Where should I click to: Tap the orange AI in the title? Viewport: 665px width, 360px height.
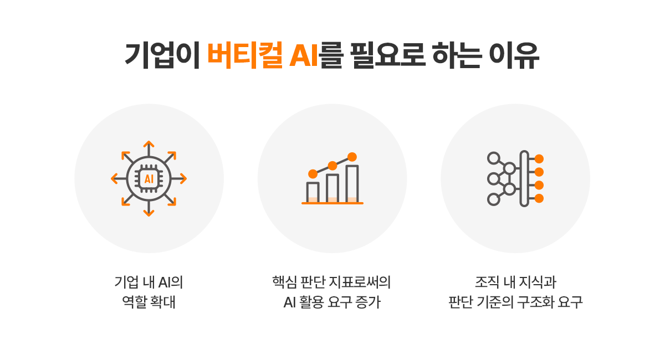point(304,55)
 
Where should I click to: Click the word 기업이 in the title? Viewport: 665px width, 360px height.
point(162,55)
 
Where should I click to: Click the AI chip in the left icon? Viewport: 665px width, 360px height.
point(149,179)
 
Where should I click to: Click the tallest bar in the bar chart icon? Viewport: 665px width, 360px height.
point(352,184)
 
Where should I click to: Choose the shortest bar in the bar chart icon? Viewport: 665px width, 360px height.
point(313,192)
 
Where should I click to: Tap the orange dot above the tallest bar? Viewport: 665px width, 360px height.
point(352,157)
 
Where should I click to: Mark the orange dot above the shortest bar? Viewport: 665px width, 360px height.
point(313,174)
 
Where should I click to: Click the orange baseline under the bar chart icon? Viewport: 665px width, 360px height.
point(332,203)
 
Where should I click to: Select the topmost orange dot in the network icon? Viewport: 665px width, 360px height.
point(539,159)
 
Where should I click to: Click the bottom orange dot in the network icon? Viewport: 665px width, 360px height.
point(539,198)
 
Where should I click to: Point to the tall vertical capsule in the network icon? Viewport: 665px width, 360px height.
point(524,178)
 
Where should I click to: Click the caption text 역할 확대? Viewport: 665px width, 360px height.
point(149,304)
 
